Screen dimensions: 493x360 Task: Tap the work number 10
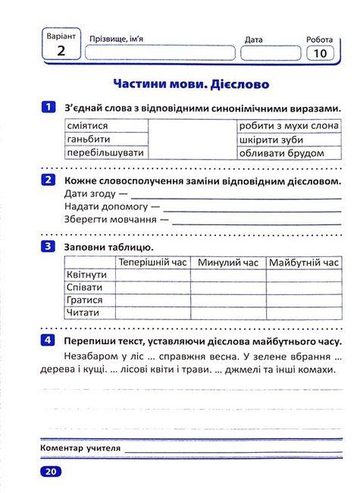pyautogui.click(x=320, y=52)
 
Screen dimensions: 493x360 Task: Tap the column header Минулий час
pyautogui.click(x=228, y=262)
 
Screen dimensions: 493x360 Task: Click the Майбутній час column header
pyautogui.click(x=304, y=262)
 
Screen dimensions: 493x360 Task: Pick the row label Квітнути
pyautogui.click(x=85, y=275)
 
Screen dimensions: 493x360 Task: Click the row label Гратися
pyautogui.click(x=84, y=300)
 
